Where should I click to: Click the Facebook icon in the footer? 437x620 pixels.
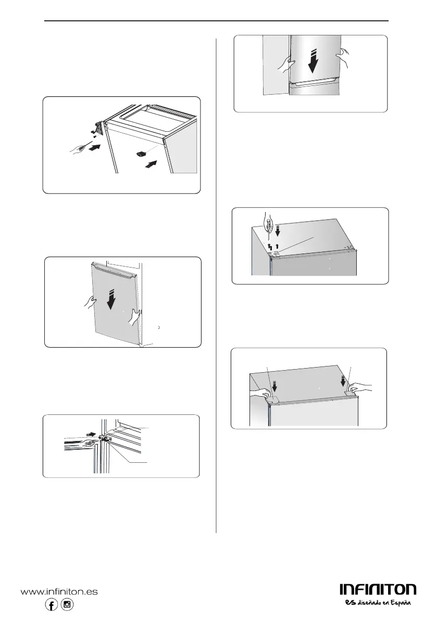pos(52,604)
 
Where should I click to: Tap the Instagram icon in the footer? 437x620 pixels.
pos(67,604)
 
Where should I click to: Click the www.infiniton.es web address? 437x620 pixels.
pos(59,592)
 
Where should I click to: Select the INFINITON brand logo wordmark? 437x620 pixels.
pos(378,590)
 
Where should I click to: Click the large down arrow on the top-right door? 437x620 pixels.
pos(313,61)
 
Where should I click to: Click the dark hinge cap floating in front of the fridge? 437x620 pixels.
pos(141,154)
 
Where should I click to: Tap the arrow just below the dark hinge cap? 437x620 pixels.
pos(151,165)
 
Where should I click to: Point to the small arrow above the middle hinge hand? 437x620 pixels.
pos(91,434)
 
